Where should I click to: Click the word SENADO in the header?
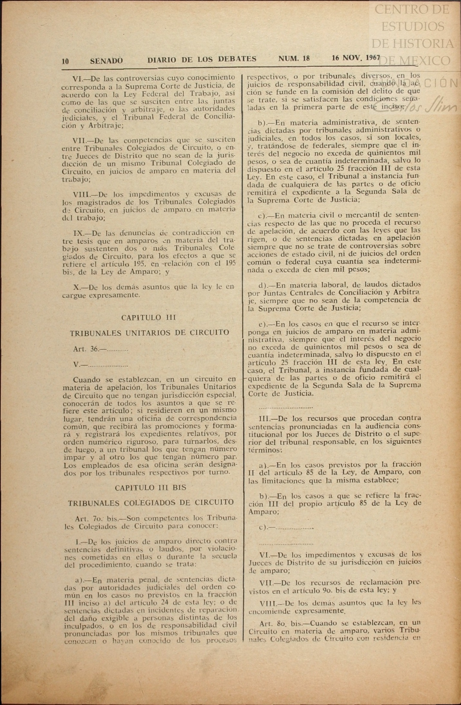[x=106, y=61]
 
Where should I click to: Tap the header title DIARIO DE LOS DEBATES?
[x=202, y=59]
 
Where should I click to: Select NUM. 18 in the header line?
[x=294, y=58]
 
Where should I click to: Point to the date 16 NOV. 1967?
[x=356, y=58]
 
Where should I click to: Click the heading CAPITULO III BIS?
[x=150, y=487]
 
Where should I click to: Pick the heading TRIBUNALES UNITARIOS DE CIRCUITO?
[x=149, y=333]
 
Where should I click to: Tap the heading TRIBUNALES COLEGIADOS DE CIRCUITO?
[x=151, y=502]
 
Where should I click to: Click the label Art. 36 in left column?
[x=86, y=349]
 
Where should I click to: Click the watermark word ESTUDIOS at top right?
[x=412, y=26]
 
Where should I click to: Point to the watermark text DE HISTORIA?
[x=412, y=43]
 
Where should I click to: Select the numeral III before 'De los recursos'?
[x=264, y=419]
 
